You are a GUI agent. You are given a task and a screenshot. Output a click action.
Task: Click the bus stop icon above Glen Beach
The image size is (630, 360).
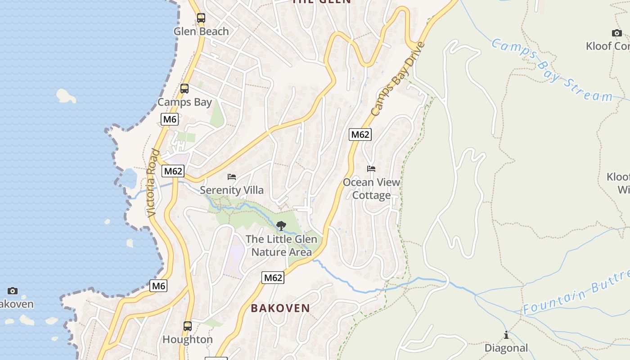201,18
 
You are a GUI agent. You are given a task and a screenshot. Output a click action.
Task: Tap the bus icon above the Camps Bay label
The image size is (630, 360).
184,89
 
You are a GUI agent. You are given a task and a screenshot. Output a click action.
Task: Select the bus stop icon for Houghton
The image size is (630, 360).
188,326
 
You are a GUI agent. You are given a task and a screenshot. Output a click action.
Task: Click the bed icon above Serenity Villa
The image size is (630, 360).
232,176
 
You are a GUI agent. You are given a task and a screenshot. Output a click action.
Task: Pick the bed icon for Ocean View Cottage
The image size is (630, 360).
371,169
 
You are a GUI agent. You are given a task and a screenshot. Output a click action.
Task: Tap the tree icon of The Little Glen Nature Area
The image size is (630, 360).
281,225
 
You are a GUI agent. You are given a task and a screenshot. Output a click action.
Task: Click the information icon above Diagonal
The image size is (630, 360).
506,335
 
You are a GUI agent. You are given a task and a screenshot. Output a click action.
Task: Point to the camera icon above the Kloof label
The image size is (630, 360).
617,33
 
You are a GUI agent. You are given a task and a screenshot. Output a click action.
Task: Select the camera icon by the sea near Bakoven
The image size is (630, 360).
13,291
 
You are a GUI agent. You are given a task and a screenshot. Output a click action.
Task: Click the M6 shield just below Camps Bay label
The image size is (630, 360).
170,119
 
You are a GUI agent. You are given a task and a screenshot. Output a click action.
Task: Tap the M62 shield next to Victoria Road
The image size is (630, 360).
173,171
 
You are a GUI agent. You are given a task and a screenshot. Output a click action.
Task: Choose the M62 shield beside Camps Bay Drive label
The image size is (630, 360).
360,134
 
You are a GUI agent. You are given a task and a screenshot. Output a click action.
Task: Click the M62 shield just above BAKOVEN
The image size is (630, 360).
273,278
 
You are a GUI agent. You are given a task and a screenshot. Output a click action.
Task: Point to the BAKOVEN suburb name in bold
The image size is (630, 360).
280,308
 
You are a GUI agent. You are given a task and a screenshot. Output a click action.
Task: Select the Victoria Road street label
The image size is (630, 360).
153,183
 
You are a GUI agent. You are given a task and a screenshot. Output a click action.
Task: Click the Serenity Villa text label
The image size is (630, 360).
232,190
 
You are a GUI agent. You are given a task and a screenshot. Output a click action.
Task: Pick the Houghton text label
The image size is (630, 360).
188,339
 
